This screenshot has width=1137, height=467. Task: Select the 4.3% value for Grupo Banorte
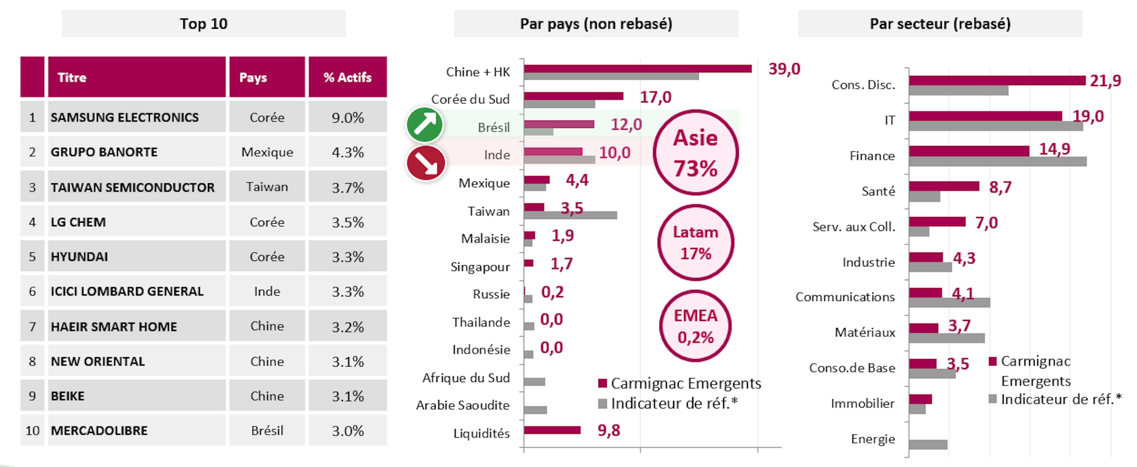[x=348, y=152]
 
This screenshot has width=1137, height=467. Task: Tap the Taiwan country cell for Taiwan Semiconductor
[x=267, y=187]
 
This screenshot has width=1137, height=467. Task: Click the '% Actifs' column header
[x=348, y=77]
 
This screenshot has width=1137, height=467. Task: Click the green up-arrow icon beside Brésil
[x=425, y=125]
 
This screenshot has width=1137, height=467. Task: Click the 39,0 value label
[x=784, y=69]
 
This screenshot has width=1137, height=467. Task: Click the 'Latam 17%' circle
[x=696, y=242]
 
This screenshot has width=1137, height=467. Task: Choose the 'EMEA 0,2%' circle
[x=696, y=326]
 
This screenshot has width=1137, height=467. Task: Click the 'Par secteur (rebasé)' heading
[x=940, y=24]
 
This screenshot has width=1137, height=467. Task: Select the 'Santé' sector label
[x=878, y=191]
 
